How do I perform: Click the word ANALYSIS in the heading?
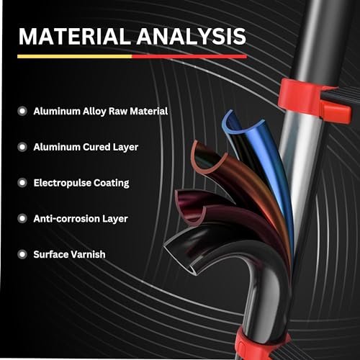pos(192,36)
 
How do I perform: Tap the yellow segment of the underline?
pos(75,56)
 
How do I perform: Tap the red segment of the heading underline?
pos(189,56)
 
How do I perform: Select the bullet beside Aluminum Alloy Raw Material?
pos(22,111)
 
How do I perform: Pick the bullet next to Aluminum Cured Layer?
pos(22,147)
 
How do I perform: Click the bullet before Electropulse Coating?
pos(22,183)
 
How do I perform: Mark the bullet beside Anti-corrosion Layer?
pos(22,219)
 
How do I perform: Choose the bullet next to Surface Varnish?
pos(22,254)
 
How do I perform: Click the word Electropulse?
pos(63,183)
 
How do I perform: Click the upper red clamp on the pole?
pos(312,99)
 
